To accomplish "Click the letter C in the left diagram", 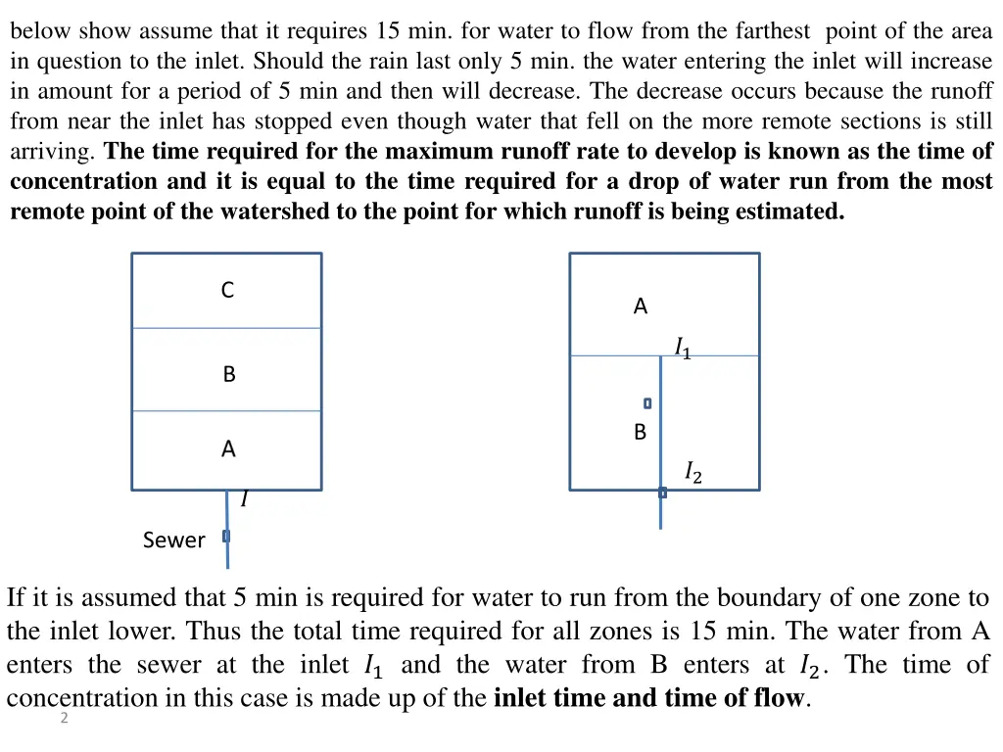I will [227, 290].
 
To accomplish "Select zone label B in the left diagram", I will [229, 374].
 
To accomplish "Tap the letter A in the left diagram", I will [228, 449].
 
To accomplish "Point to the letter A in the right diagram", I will [641, 306].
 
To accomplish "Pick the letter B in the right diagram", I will [640, 432].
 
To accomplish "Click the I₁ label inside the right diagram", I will [682, 348].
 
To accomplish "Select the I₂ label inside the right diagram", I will [693, 474].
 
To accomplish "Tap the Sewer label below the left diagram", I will [173, 540].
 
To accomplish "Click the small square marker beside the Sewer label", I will [226, 536].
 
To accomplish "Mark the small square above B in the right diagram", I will [647, 402].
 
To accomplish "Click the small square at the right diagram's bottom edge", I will [662, 493].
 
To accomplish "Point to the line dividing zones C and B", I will [227, 328].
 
